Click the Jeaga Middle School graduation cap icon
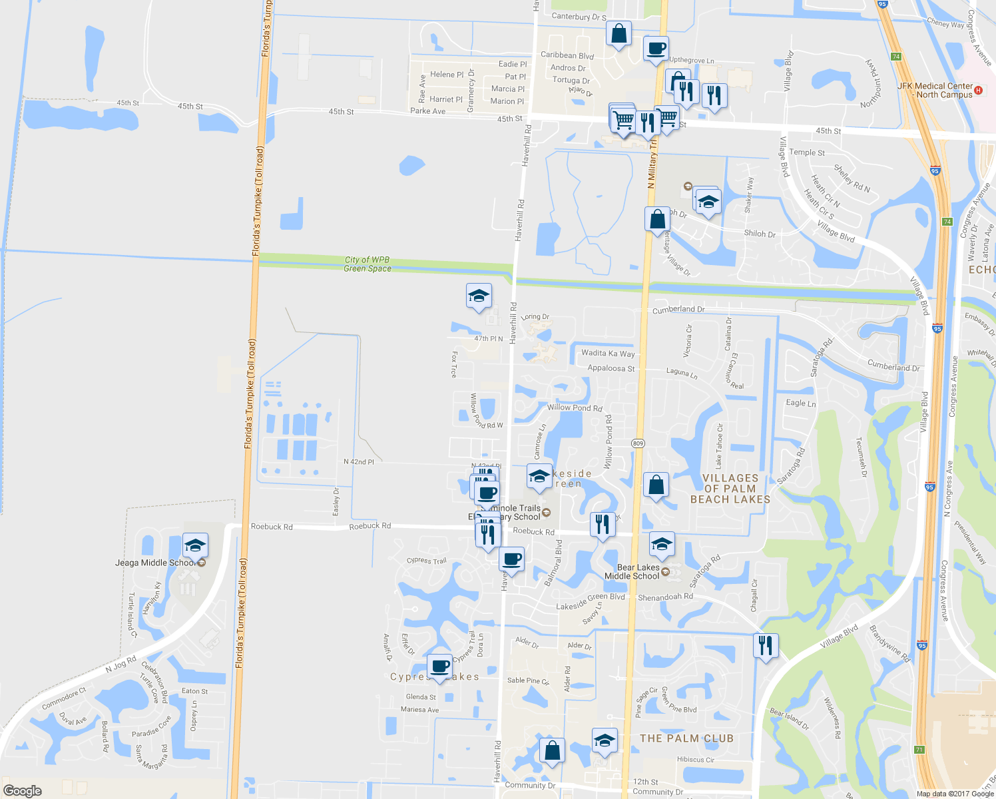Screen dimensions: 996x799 [x=194, y=546]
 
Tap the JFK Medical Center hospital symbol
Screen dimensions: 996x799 [x=978, y=90]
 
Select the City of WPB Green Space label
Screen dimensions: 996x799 [x=367, y=264]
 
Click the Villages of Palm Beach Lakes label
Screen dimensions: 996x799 [x=730, y=489]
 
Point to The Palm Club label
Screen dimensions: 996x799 [x=686, y=738]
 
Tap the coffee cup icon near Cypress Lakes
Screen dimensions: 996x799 [x=439, y=666]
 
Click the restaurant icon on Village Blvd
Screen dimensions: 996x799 [x=766, y=645]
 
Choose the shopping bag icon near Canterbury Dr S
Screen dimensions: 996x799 [x=619, y=33]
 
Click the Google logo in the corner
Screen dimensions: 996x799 [x=22, y=790]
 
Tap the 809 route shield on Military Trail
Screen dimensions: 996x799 [x=638, y=443]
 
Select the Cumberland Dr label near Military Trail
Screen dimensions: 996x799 [x=678, y=310]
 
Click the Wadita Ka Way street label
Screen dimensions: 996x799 [x=608, y=354]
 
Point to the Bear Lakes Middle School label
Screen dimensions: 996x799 [x=631, y=572]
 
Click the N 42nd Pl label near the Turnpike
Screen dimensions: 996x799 [x=358, y=461]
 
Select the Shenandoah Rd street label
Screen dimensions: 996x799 [x=665, y=597]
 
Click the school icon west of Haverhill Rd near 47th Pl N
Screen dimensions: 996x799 [x=479, y=296]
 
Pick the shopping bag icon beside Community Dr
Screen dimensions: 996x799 [x=552, y=750]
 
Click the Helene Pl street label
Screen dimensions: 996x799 [x=447, y=75]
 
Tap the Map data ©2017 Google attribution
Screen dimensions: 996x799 [x=954, y=794]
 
